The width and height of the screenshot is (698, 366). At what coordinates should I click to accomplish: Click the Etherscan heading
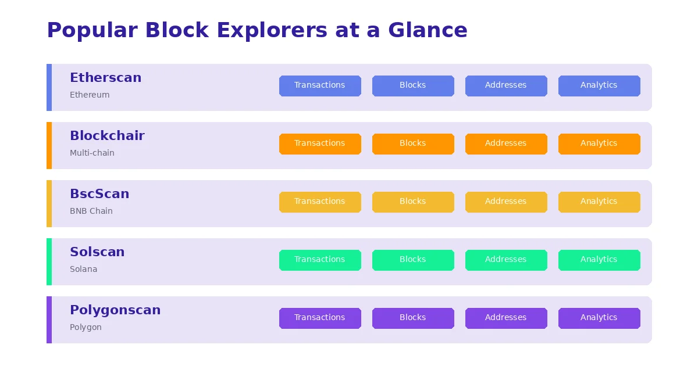(x=105, y=78)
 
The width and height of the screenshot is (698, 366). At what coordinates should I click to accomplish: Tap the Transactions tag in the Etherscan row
(x=320, y=85)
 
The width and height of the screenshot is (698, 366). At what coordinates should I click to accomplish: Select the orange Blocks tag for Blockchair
(x=413, y=143)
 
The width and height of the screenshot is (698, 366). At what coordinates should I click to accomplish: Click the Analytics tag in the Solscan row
(x=599, y=260)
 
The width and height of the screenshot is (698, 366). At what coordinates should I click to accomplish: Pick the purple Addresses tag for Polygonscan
(x=506, y=318)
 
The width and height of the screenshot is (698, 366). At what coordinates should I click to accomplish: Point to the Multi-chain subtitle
(x=92, y=153)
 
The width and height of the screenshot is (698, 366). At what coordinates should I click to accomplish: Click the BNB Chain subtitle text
(x=91, y=211)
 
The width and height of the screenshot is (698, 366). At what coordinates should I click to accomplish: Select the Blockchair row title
(x=107, y=136)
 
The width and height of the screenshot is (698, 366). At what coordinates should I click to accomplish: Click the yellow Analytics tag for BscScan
(x=599, y=202)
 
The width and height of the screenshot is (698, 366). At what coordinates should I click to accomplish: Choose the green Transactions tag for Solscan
(x=320, y=260)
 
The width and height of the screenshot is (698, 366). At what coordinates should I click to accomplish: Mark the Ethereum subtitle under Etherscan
(x=90, y=95)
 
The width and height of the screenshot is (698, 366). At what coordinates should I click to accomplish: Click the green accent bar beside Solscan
(x=49, y=261)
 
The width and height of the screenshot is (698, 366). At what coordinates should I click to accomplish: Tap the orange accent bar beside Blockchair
(x=49, y=145)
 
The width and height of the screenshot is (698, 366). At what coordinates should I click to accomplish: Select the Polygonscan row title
(x=115, y=310)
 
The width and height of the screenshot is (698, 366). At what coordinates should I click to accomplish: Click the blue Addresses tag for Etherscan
(x=506, y=85)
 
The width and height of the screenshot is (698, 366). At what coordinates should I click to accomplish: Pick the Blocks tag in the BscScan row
(x=413, y=202)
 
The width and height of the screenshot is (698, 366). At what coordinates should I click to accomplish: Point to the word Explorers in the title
(x=272, y=30)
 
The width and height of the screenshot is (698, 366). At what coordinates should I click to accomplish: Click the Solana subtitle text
(x=83, y=269)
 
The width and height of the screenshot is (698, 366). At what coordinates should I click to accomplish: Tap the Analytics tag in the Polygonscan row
(x=599, y=318)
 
